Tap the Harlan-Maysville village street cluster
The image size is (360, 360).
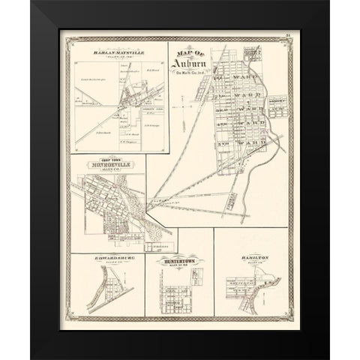pyautogui.click(x=120, y=97)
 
